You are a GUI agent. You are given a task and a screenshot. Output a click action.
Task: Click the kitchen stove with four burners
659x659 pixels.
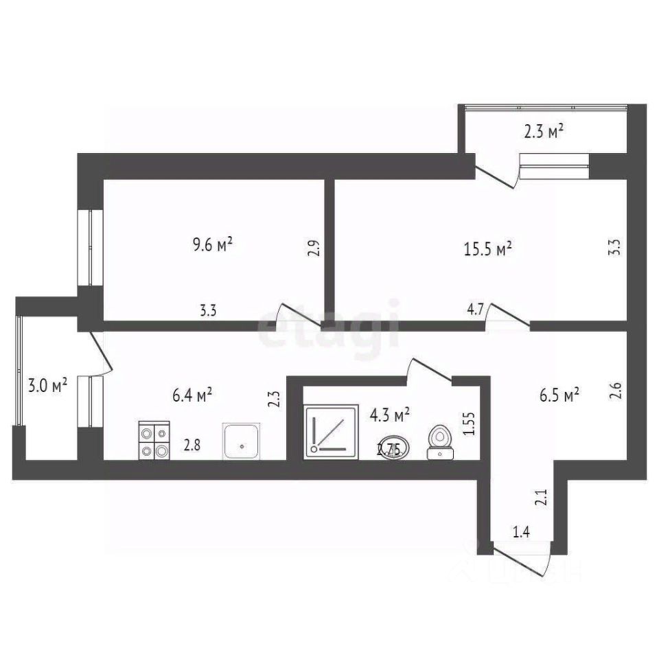coord(154,440)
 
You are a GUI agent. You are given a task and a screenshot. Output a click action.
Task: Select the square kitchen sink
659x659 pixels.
coord(242,441)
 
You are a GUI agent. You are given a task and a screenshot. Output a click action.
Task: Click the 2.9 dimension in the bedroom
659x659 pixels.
coord(314,248)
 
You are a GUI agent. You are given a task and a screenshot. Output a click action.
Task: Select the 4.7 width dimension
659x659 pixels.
coord(474,310)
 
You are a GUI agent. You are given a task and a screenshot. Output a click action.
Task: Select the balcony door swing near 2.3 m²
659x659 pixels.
coord(498,176)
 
